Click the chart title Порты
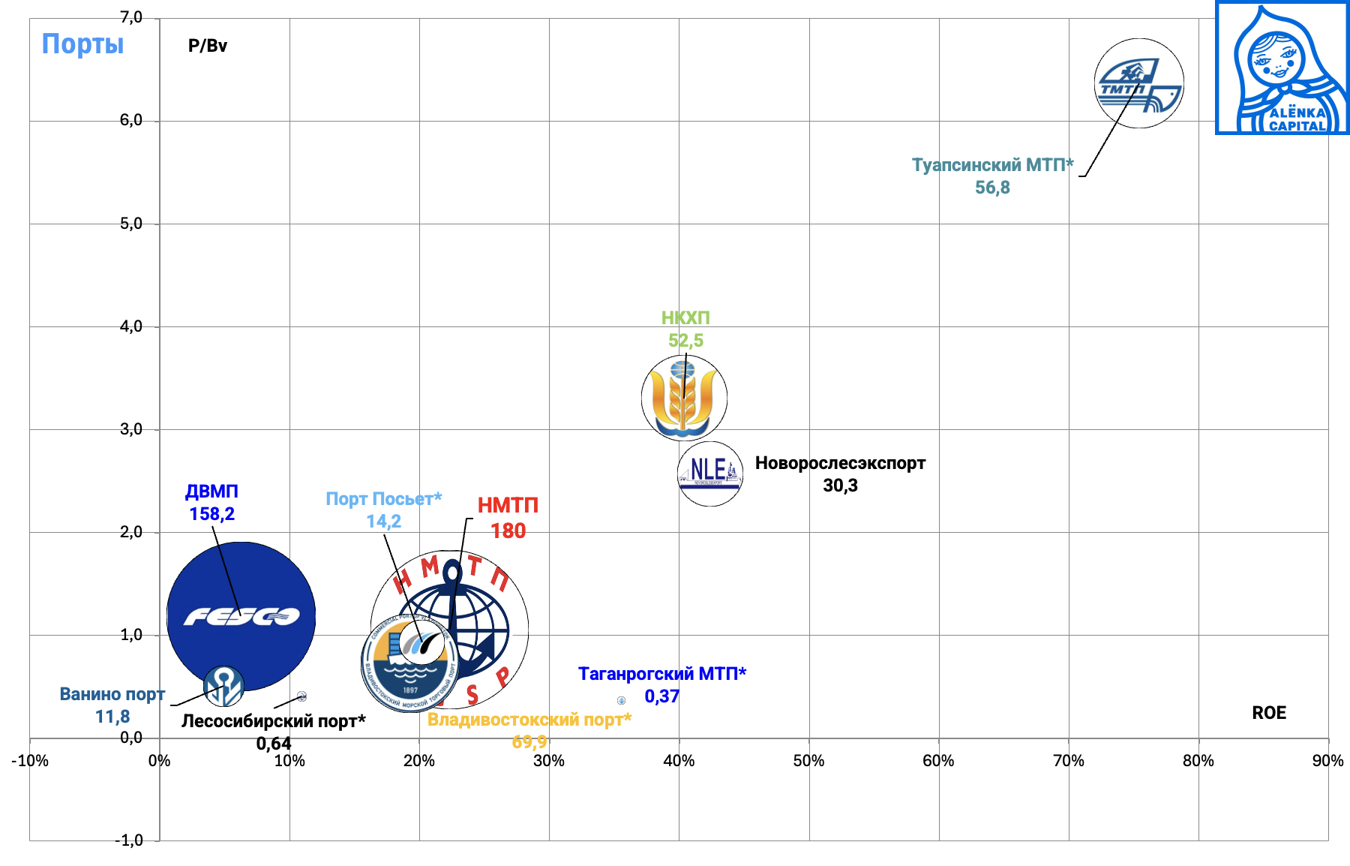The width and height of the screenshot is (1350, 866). click(x=82, y=44)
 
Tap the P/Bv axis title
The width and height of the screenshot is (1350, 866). click(x=207, y=46)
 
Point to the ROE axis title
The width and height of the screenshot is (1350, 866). click(x=1268, y=713)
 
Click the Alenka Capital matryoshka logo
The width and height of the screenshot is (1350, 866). click(x=1282, y=68)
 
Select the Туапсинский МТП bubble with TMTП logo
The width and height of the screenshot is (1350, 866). click(x=1138, y=83)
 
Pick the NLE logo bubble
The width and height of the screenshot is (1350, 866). click(x=709, y=474)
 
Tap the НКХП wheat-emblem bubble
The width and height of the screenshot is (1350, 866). click(x=684, y=398)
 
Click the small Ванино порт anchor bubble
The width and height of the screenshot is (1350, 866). click(x=223, y=686)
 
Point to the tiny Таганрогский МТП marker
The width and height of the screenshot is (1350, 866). click(x=621, y=700)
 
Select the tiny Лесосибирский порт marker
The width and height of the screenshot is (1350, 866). click(x=301, y=696)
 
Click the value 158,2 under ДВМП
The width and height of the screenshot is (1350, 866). click(x=211, y=514)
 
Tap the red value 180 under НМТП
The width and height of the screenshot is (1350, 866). click(x=508, y=531)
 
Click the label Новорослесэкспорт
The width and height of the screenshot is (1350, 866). click(x=840, y=463)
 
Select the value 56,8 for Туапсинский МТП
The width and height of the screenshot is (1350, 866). click(x=991, y=188)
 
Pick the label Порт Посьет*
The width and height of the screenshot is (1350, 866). click(x=383, y=499)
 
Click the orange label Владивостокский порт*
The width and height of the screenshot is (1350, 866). click(x=529, y=720)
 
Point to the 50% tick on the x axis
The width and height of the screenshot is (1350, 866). click(x=808, y=761)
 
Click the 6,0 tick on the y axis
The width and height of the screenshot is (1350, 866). click(x=131, y=121)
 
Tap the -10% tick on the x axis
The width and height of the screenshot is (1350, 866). click(x=30, y=761)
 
